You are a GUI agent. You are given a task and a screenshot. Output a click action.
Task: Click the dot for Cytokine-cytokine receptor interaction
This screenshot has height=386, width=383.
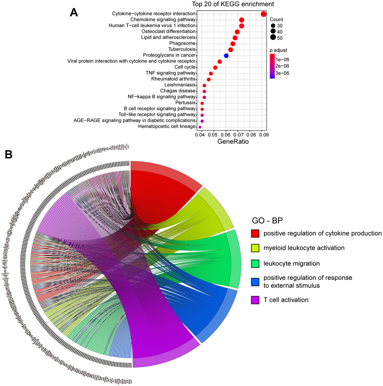pyautogui.click(x=264, y=14)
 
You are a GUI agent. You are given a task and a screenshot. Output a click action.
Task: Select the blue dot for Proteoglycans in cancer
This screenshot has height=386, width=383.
pyautogui.click(x=226, y=56)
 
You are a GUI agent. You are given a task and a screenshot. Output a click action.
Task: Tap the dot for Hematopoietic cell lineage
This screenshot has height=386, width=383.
pyautogui.click(x=200, y=127)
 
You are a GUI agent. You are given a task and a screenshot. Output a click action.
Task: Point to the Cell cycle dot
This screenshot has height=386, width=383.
pyautogui.click(x=215, y=68)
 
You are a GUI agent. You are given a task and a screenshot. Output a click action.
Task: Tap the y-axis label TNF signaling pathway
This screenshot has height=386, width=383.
pyautogui.click(x=170, y=73)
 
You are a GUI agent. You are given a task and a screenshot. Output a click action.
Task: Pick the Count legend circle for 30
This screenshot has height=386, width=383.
pyautogui.click(x=273, y=26)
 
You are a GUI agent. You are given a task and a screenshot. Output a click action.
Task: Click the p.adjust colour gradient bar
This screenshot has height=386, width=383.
pyautogui.click(x=272, y=66)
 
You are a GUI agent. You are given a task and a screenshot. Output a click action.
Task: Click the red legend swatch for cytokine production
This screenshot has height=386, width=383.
pyautogui.click(x=255, y=233)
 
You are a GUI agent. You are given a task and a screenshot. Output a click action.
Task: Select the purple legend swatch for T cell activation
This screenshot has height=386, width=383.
pyautogui.click(x=255, y=300)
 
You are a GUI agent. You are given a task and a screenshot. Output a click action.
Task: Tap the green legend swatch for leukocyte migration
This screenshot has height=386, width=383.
pyautogui.click(x=255, y=264)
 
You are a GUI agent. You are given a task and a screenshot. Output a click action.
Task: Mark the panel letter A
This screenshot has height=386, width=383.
pyautogui.click(x=74, y=12)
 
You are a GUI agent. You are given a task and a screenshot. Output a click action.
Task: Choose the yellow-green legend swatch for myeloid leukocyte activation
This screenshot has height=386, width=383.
pyautogui.click(x=255, y=248)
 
